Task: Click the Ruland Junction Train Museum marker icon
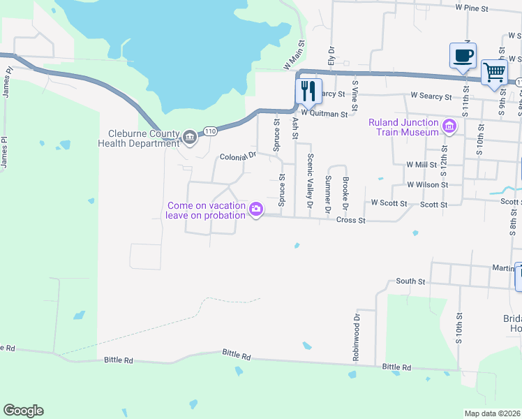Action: click(x=449, y=126)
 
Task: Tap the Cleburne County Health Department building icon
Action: click(x=189, y=138)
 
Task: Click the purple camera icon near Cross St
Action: click(x=256, y=209)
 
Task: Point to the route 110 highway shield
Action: click(x=209, y=131)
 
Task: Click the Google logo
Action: click(x=23, y=411)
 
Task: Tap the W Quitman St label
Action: click(x=324, y=112)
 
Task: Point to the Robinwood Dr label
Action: click(x=356, y=335)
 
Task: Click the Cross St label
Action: click(x=351, y=220)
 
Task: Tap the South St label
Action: click(x=410, y=281)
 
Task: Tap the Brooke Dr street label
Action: click(x=345, y=193)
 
